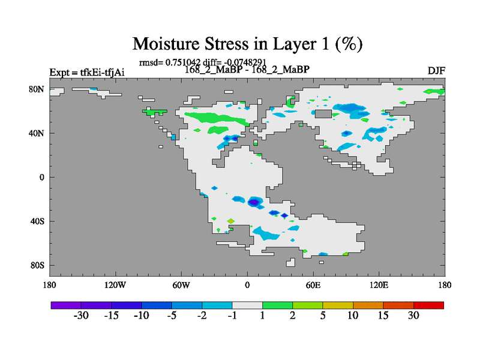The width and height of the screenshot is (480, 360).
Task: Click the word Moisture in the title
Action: [x=166, y=43]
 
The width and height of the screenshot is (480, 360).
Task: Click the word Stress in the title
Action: [x=227, y=43]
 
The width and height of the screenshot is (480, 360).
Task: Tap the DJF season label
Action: [x=436, y=71]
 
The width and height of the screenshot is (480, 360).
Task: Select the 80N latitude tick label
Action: [x=37, y=89]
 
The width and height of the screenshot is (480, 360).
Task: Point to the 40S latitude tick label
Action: [x=37, y=221]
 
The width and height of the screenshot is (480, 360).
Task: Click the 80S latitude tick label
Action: [x=37, y=265]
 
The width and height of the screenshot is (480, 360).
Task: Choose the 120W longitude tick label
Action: [x=115, y=286]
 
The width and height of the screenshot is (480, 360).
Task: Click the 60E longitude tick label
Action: [x=313, y=286]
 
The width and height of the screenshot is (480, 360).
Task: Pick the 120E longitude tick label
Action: [x=379, y=286]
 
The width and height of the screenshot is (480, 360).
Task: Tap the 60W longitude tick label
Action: [x=181, y=286]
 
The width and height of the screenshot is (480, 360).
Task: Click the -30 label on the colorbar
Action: [x=81, y=316]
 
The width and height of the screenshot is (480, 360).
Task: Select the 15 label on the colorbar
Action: [x=383, y=316]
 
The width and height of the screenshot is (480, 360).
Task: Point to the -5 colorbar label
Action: [x=172, y=316]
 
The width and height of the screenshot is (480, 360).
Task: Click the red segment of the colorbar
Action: [x=428, y=305]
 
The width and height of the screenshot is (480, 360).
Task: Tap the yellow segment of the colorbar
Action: [x=338, y=305]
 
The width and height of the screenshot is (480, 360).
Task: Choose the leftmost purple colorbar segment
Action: [x=66, y=305]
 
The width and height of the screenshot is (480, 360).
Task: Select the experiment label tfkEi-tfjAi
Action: [x=102, y=73]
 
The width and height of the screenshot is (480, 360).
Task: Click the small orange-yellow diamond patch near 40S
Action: [x=231, y=221]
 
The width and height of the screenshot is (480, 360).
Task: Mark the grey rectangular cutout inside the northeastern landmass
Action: [x=323, y=114]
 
